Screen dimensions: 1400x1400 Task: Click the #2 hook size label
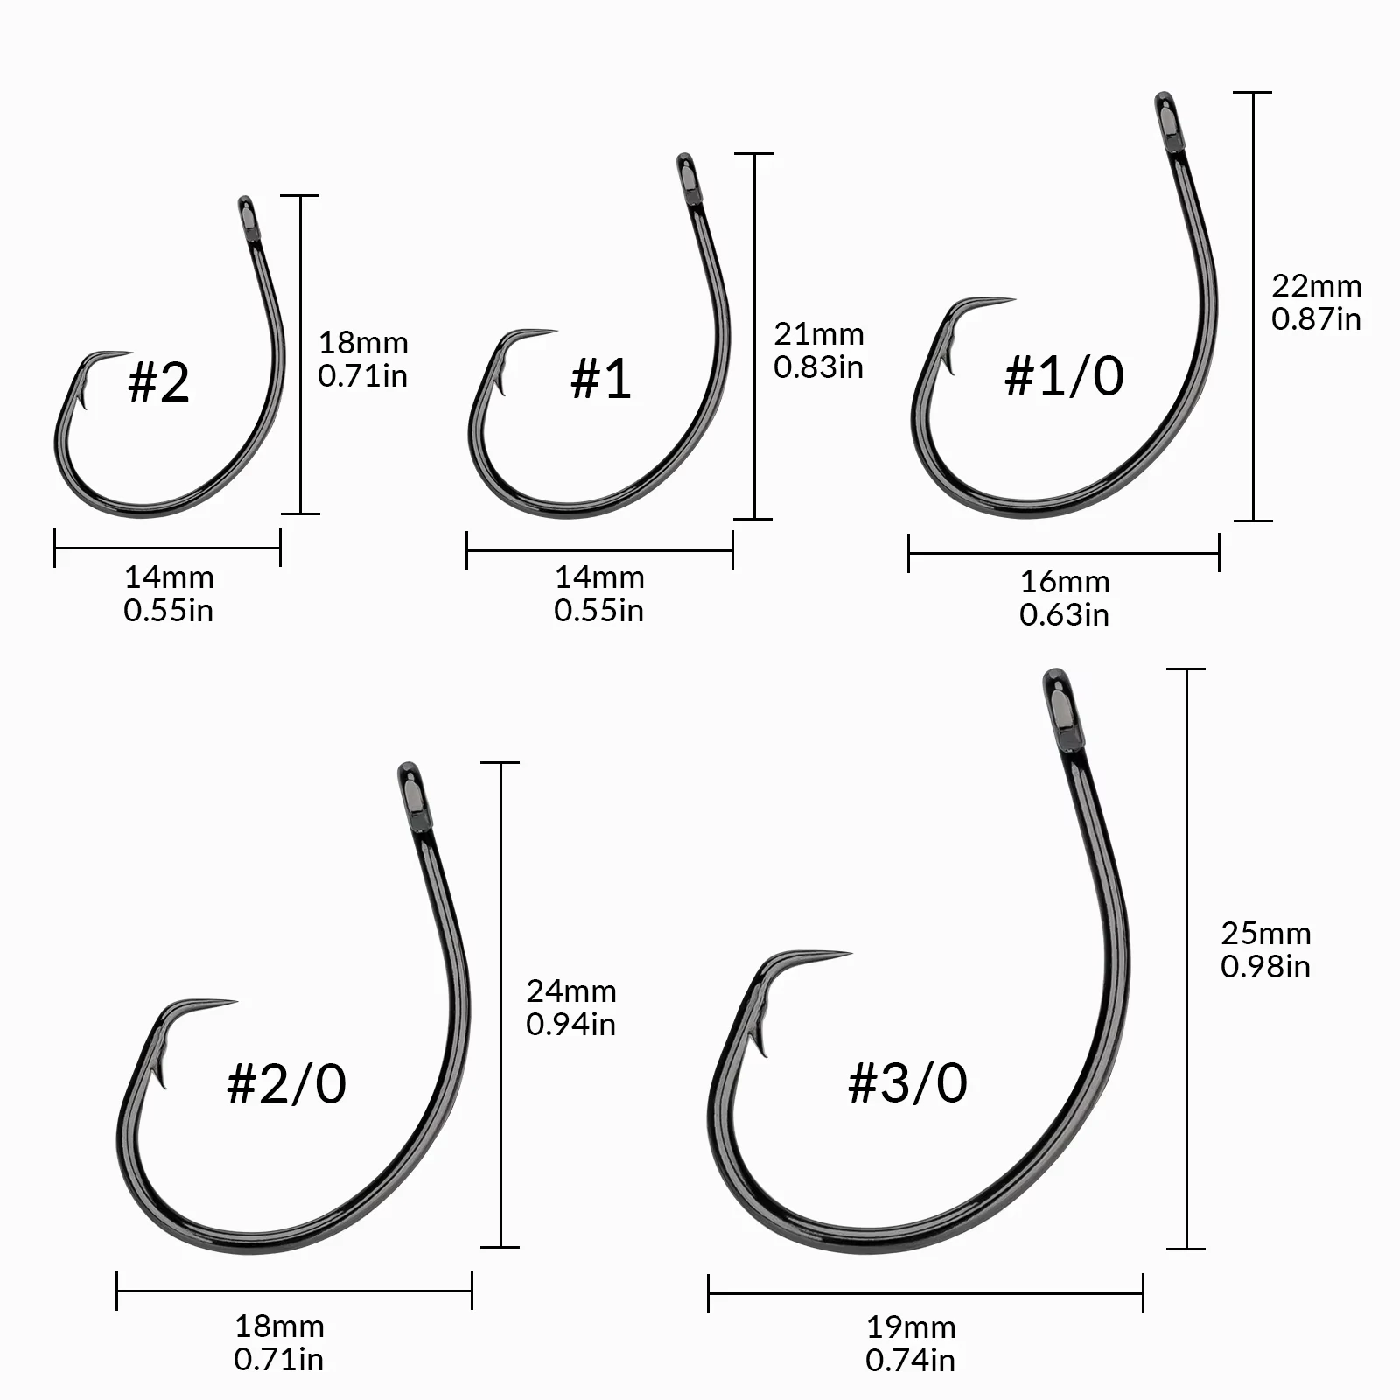[158, 381]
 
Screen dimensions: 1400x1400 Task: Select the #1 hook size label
[600, 378]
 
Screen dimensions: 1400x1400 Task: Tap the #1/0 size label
[1064, 375]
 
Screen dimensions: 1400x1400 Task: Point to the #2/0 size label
[286, 1083]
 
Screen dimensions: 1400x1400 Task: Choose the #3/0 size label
[907, 1082]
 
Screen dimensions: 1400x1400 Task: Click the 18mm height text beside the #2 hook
[362, 343]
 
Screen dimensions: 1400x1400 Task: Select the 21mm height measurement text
[818, 334]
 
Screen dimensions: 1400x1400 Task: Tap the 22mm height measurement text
[1316, 286]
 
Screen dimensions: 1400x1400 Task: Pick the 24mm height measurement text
[570, 991]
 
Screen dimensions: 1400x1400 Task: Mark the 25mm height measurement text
[1265, 934]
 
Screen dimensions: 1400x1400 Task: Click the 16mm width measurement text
[1064, 582]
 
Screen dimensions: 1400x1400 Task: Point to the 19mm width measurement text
[910, 1327]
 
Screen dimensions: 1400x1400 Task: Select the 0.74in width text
[910, 1361]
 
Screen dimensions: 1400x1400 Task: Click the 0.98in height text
[1265, 967]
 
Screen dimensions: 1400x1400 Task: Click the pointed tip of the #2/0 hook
[234, 1002]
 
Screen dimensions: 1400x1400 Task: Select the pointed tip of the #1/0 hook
[1012, 300]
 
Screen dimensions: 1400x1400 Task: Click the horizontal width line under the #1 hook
[599, 551]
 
